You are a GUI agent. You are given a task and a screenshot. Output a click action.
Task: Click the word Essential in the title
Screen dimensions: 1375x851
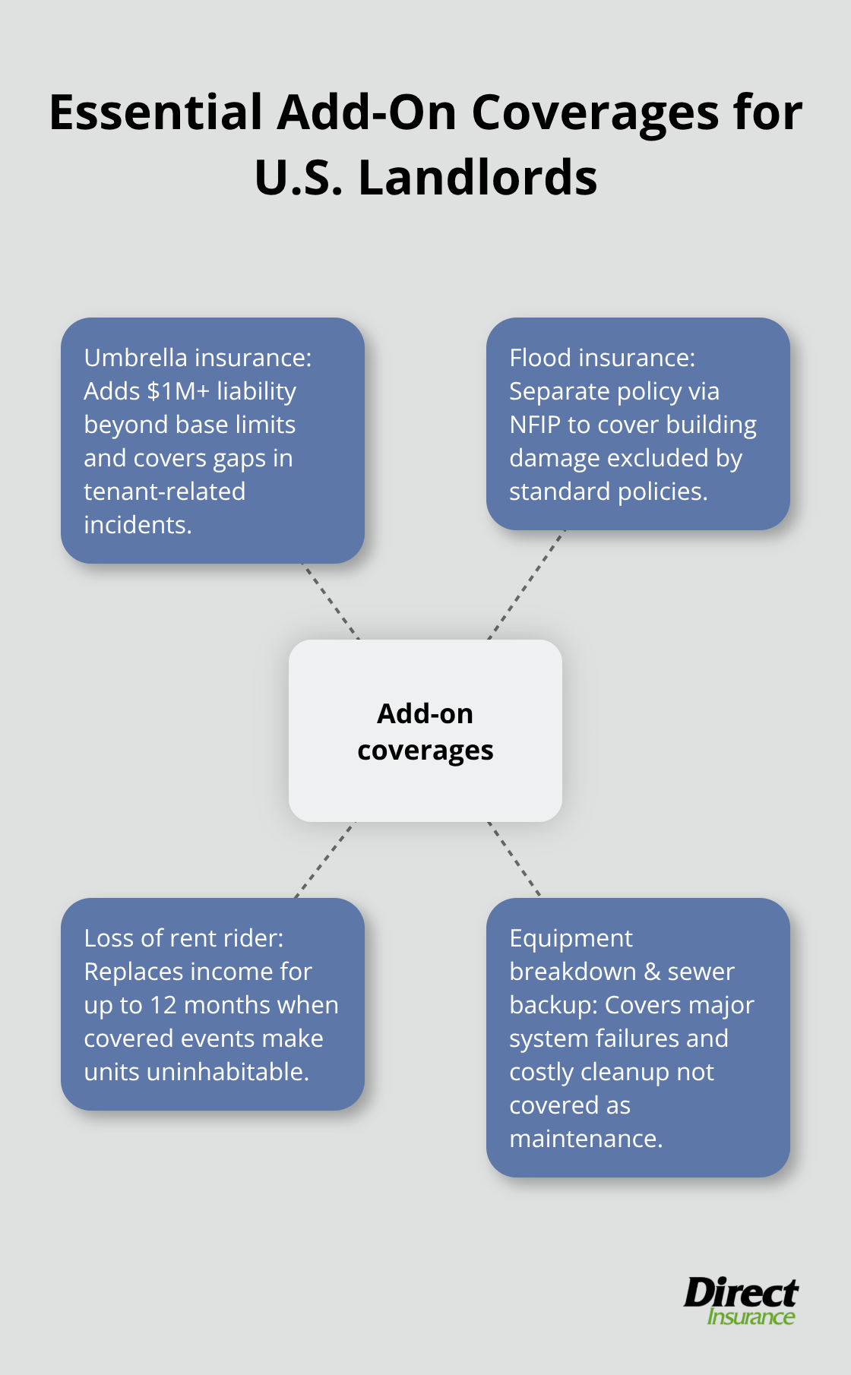tap(156, 112)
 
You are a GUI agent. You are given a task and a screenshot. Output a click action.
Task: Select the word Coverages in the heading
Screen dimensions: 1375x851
tap(595, 112)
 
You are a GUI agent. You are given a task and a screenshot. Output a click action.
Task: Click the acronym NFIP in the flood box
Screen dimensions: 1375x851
tap(535, 425)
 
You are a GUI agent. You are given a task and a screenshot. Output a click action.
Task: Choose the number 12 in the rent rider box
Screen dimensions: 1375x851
tap(163, 1005)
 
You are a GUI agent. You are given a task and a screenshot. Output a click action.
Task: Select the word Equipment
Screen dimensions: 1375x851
tap(571, 938)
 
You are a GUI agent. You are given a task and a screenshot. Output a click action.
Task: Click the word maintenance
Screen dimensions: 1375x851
tap(586, 1139)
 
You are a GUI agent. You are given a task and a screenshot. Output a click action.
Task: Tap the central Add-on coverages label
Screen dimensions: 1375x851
tap(425, 731)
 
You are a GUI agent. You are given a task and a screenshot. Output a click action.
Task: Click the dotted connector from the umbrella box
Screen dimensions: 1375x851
tap(331, 601)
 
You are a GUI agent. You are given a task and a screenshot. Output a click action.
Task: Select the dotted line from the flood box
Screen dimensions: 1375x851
tap(527, 584)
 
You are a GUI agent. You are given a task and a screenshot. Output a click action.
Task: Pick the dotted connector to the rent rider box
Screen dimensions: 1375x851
tap(324, 860)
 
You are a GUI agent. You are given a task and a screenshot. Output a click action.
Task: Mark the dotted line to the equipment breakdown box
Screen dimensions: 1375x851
tap(514, 859)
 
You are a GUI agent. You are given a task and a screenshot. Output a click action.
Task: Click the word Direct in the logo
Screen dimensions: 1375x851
tap(740, 1292)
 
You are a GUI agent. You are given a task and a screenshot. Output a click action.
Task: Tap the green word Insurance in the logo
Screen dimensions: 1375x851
tap(751, 1317)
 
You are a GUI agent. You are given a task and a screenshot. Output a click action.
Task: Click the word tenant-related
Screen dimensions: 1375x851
tap(164, 492)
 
